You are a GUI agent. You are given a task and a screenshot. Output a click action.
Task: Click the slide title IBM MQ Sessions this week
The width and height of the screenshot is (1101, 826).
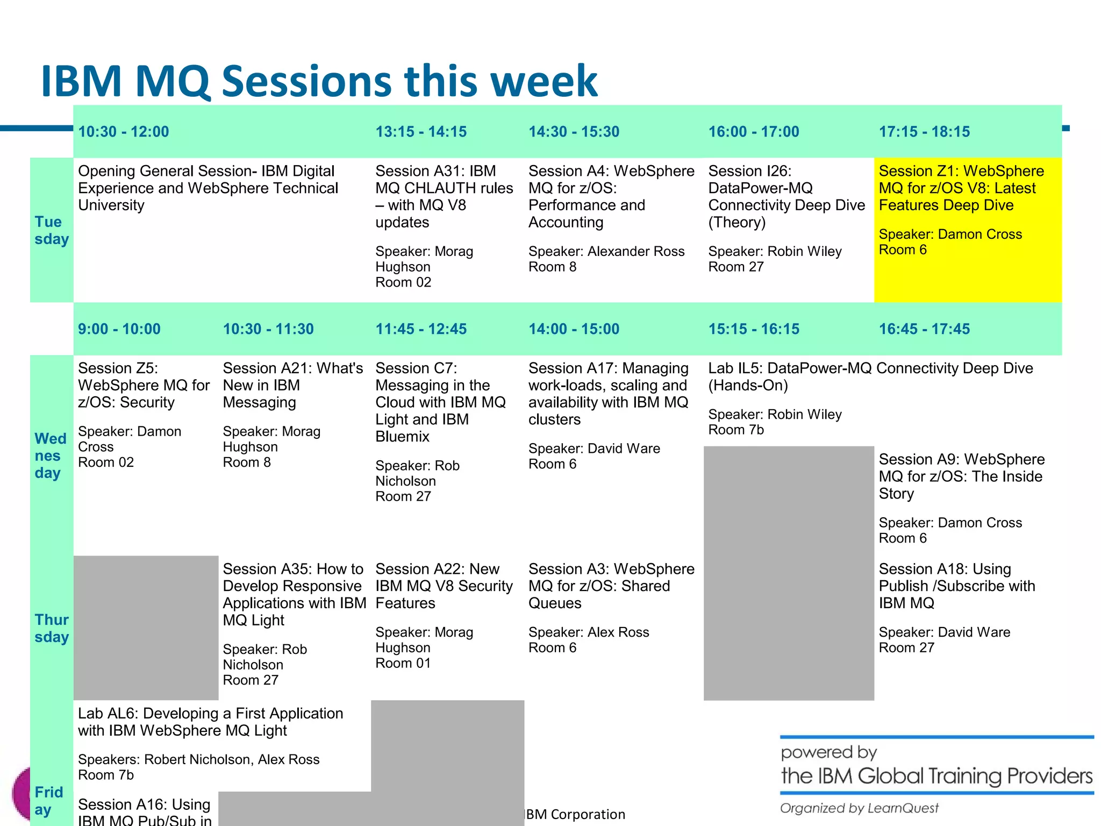[x=319, y=81]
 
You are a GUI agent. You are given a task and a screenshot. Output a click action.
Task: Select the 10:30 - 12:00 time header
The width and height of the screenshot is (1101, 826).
[x=124, y=132]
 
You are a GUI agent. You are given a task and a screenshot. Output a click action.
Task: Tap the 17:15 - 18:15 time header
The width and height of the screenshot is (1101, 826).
[x=924, y=132]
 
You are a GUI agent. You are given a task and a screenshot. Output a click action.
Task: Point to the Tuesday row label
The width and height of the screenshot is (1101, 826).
[x=52, y=230]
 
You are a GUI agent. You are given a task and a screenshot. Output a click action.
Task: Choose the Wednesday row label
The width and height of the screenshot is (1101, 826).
[x=51, y=455]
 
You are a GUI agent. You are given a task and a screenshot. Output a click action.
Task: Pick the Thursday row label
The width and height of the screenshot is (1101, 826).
[x=52, y=628]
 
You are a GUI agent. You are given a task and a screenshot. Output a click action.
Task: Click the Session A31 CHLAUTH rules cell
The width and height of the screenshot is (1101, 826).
[x=444, y=196]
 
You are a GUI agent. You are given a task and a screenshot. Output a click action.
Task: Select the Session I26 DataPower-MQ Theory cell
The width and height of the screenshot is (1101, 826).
[x=786, y=196]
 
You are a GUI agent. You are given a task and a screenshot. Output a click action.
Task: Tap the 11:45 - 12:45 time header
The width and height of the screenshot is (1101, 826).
[x=420, y=329]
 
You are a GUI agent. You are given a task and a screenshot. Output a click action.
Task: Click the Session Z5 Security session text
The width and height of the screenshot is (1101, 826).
[x=143, y=385]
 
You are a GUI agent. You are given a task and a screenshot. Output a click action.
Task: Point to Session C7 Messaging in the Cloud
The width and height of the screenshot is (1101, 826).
[x=440, y=402]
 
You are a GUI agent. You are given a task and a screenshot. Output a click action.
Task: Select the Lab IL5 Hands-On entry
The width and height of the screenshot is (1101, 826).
[x=870, y=376]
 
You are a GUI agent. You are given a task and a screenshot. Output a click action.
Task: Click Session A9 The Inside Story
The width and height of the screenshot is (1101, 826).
[x=961, y=476]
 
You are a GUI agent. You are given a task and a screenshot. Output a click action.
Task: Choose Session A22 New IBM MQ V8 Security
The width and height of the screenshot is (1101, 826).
[x=444, y=586]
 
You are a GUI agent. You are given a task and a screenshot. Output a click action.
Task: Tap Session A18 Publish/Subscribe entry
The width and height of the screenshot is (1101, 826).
[x=956, y=586]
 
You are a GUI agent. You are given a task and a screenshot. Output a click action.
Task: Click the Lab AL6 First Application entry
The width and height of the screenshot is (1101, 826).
[x=210, y=722]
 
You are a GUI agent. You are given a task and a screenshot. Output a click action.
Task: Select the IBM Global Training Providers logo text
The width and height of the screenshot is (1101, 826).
[x=936, y=776]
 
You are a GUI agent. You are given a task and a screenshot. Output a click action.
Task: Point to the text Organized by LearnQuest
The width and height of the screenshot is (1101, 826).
[x=859, y=808]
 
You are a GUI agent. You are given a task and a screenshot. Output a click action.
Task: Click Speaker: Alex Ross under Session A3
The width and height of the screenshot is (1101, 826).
[x=588, y=632]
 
